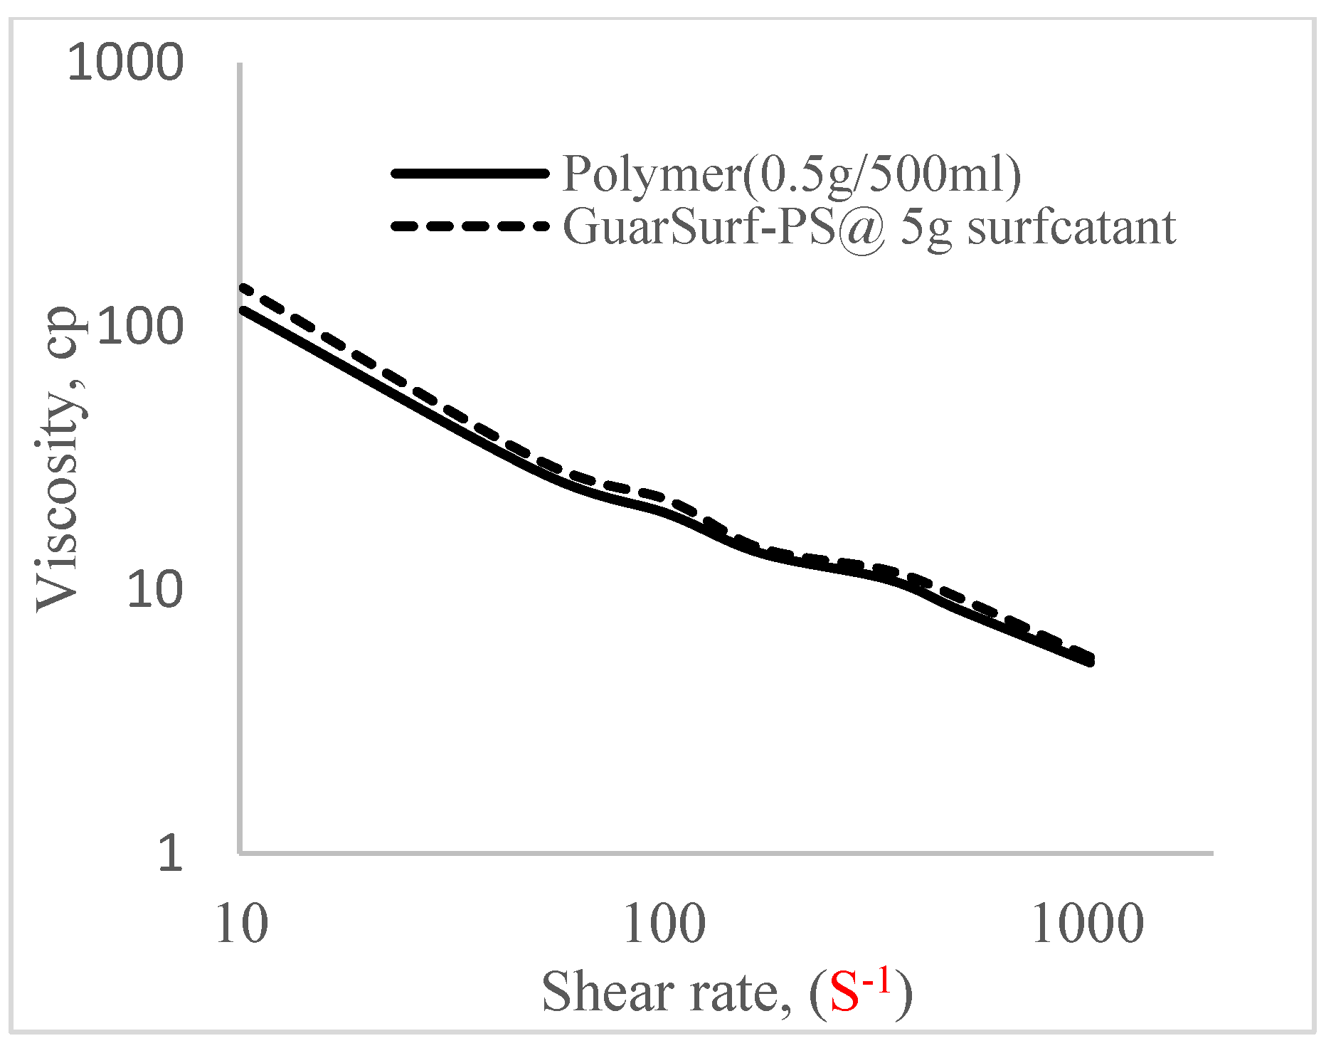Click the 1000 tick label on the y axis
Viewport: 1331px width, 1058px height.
click(125, 63)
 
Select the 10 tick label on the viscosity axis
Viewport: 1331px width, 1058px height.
click(154, 589)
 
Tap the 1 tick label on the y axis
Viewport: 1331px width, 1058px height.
click(170, 852)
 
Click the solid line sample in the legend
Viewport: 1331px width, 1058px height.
click(470, 173)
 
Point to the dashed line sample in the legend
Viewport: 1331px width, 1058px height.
click(470, 226)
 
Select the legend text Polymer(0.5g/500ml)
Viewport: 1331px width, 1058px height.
click(791, 173)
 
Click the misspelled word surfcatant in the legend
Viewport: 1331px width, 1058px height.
click(1071, 228)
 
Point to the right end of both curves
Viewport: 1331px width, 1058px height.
click(1090, 660)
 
